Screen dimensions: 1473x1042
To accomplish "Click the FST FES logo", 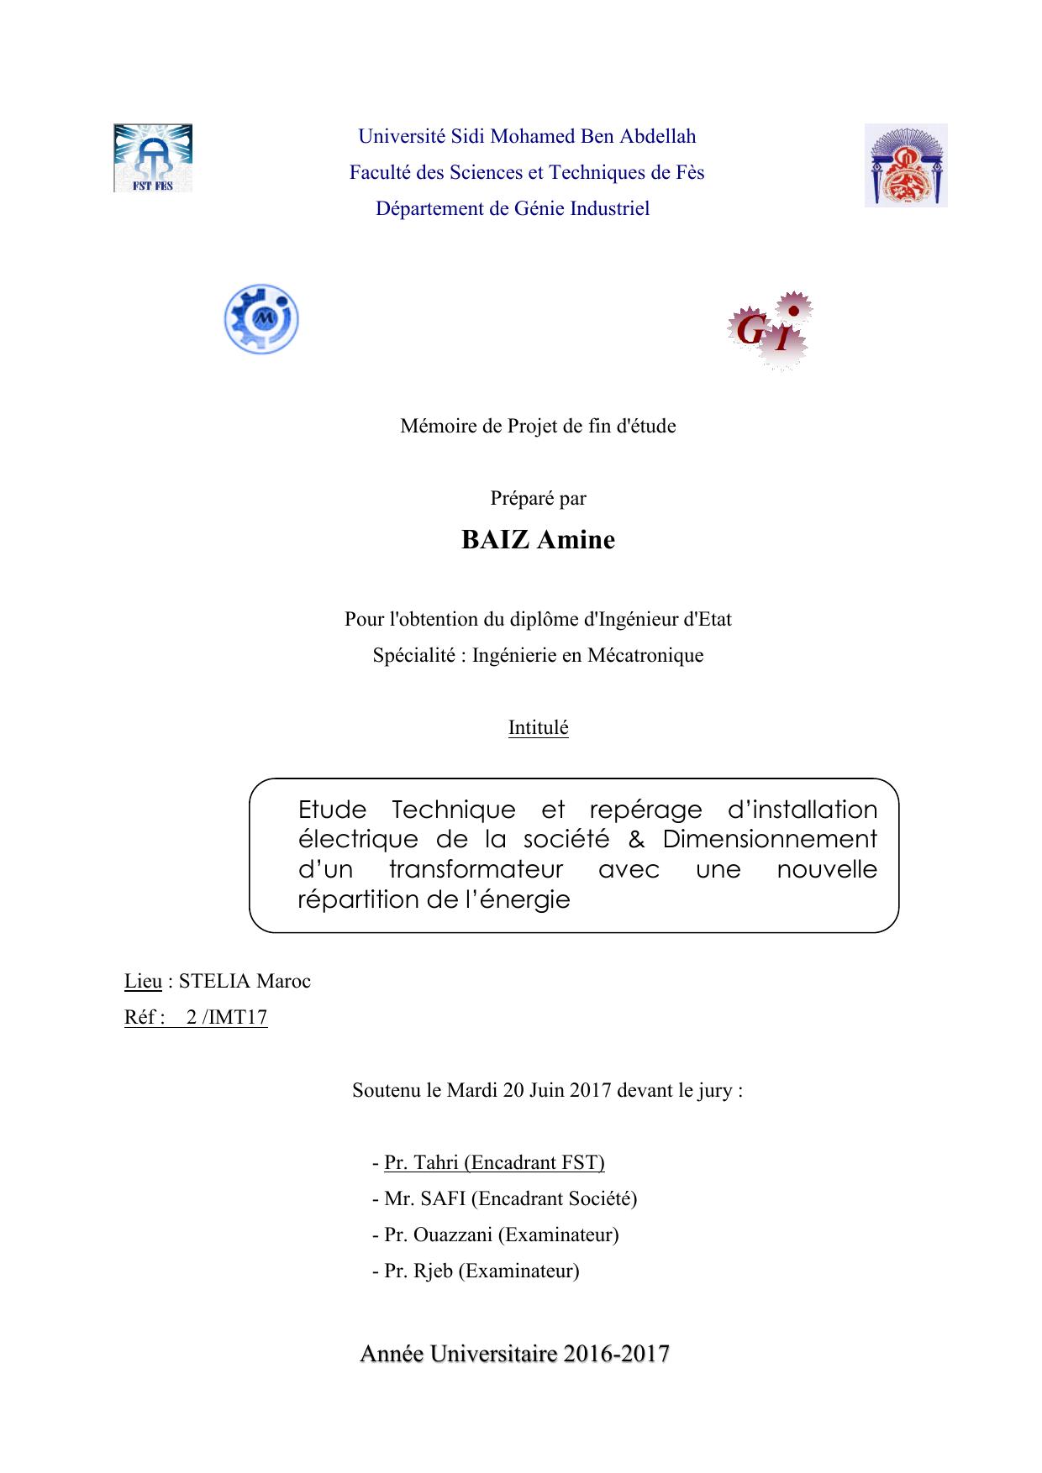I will (x=153, y=158).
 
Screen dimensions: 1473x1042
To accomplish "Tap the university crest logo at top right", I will (x=906, y=165).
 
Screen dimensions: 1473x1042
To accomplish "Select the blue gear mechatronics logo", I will (x=261, y=319).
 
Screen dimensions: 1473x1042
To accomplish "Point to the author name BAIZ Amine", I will (x=538, y=540).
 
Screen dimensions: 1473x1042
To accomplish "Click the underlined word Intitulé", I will (x=538, y=727).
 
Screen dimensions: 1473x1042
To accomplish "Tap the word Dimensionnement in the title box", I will (x=770, y=839).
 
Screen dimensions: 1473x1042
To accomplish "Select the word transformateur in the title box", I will (x=476, y=869).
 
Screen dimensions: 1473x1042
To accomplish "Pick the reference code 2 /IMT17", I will (x=227, y=1017).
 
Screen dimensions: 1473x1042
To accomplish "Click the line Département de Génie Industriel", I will (x=513, y=208).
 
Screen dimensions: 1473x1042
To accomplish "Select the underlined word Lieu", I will (x=143, y=981).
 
